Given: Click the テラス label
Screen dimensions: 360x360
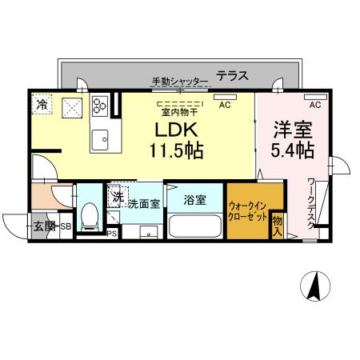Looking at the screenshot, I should (x=232, y=77).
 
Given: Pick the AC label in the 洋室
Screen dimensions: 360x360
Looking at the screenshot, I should (x=315, y=105).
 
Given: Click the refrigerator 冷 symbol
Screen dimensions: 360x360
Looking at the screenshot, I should (x=42, y=103).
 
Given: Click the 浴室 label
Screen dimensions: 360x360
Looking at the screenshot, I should (x=195, y=200).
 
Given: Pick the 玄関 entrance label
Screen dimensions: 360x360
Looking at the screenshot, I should (x=45, y=226).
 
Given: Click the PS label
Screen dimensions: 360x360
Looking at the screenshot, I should (x=112, y=233).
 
